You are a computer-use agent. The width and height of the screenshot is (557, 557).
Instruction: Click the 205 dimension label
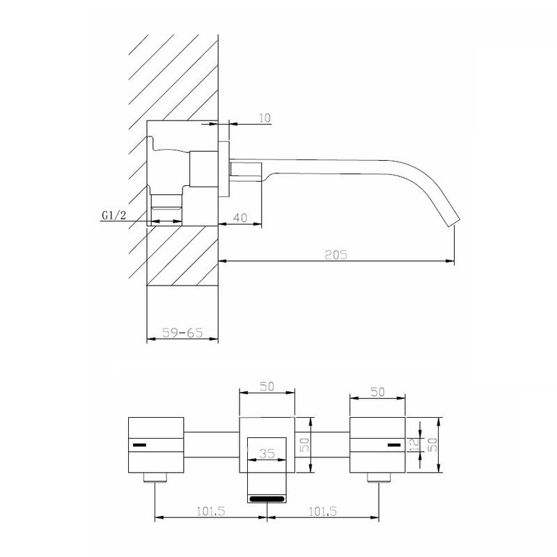[x=336, y=254]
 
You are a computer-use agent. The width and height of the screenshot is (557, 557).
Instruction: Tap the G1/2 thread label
[x=114, y=215]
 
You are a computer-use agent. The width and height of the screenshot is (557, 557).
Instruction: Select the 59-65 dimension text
[x=182, y=333]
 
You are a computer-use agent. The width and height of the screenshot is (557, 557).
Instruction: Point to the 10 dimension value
[x=265, y=118]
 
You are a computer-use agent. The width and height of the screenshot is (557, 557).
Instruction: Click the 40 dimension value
[x=240, y=217]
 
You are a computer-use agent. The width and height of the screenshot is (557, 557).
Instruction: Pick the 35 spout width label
[x=267, y=453]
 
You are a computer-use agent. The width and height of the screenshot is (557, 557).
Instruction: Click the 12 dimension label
[x=414, y=444]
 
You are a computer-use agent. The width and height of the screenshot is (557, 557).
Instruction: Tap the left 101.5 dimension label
[x=211, y=511]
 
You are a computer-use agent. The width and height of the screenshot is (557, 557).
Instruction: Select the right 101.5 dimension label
[x=322, y=511]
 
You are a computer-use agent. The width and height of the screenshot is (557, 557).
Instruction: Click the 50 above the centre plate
[x=267, y=386]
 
